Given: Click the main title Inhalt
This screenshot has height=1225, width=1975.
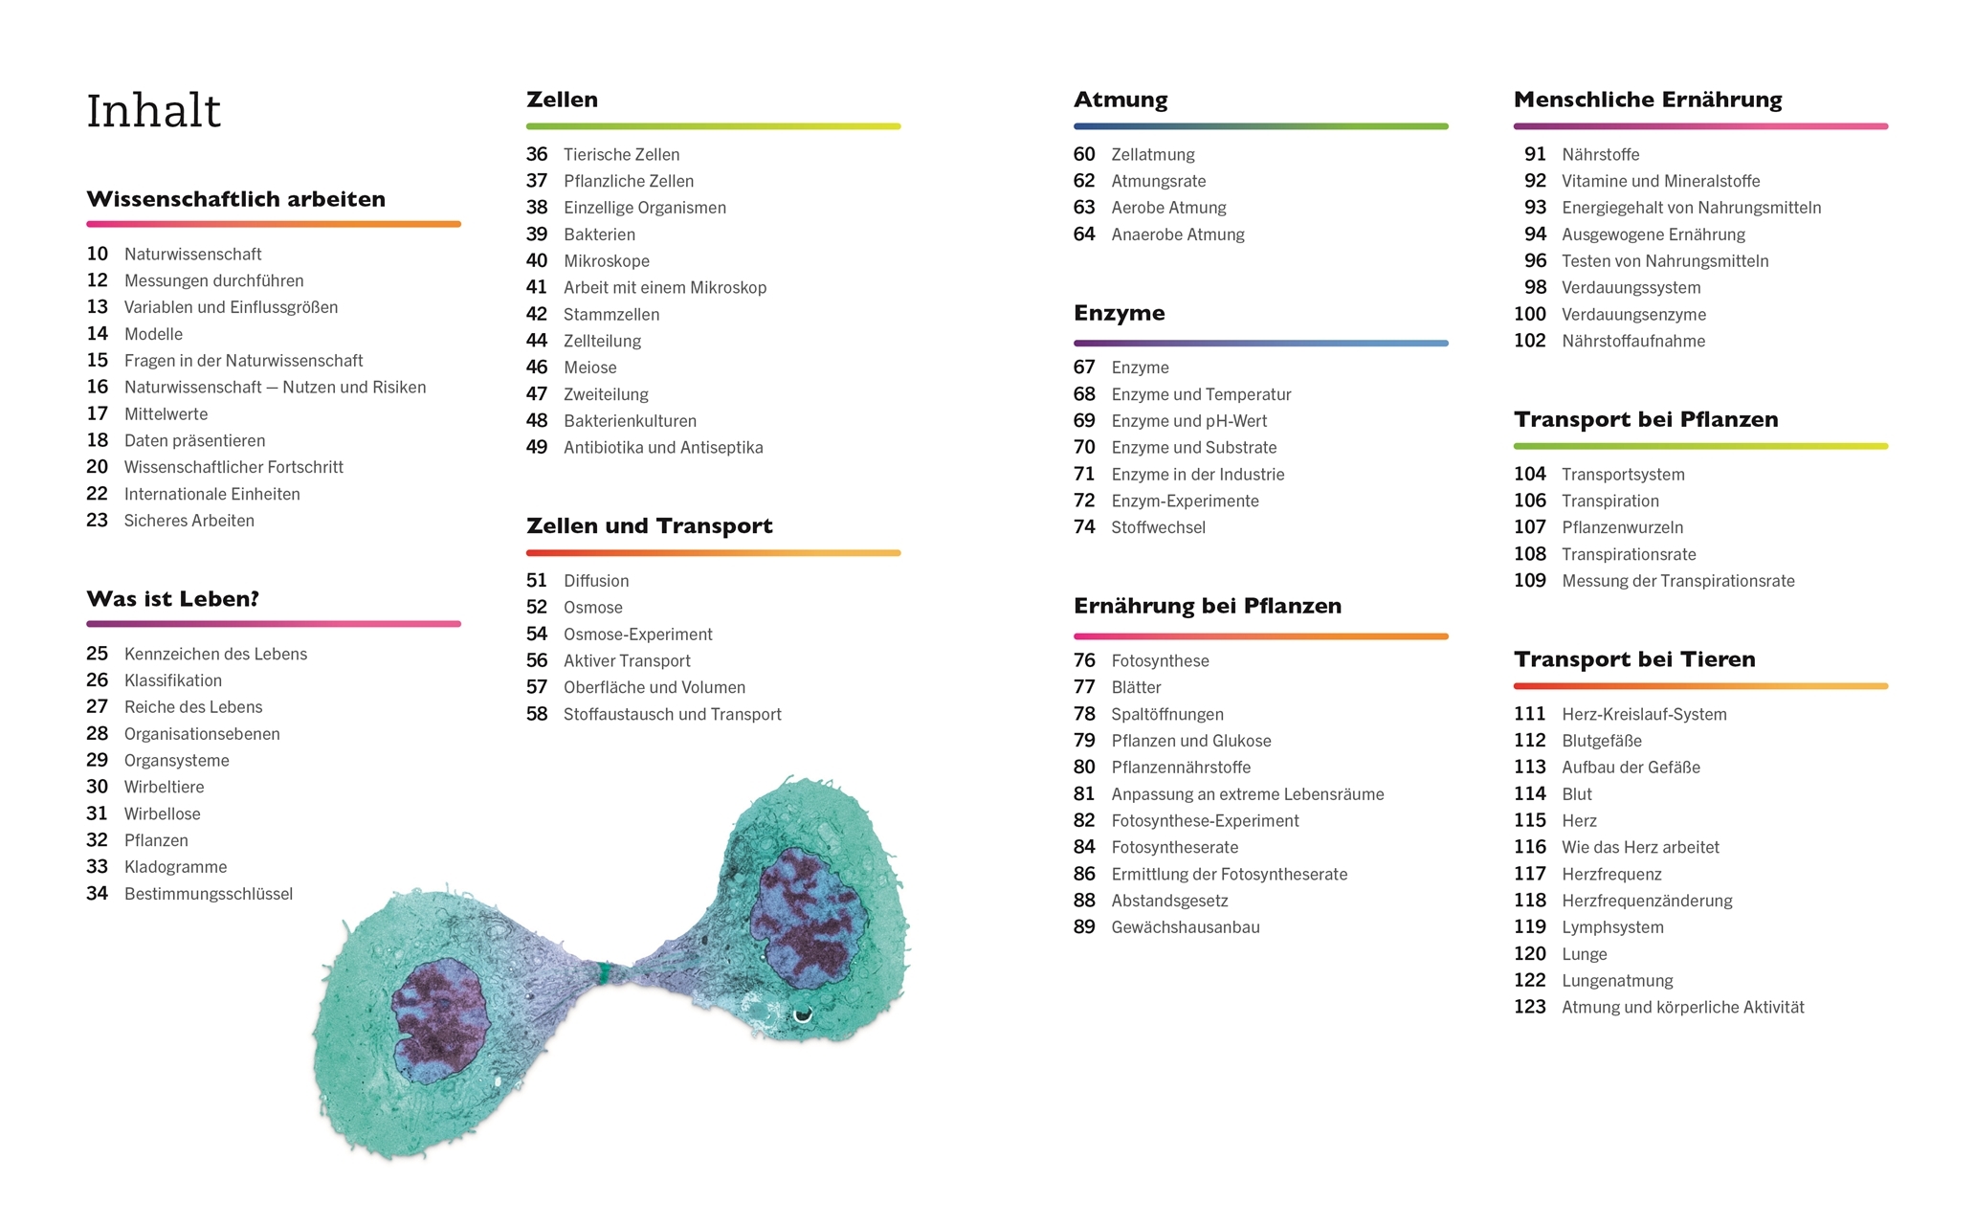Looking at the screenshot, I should click(x=153, y=111).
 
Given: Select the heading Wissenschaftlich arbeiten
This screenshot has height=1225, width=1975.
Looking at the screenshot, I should click(x=235, y=199).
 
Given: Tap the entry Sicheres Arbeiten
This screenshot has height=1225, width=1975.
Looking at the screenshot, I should click(x=189, y=521).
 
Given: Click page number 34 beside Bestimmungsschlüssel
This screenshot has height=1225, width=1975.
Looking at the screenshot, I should click(x=97, y=894).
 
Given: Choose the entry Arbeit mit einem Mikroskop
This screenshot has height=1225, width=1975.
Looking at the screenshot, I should click(x=664, y=287).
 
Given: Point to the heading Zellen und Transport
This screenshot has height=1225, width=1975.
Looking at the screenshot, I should click(x=649, y=525).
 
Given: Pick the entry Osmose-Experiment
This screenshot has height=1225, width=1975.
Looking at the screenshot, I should click(x=637, y=635).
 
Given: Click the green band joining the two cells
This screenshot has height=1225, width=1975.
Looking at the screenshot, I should click(x=604, y=973).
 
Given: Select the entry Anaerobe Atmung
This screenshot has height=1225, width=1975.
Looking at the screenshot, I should click(x=1177, y=234).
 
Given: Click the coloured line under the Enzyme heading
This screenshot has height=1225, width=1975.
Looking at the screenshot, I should click(x=1260, y=343).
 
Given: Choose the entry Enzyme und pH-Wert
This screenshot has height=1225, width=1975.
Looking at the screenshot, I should click(x=1188, y=421).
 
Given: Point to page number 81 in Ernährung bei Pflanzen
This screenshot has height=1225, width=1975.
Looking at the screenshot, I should click(x=1083, y=794).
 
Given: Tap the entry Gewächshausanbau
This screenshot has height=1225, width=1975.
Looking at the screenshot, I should click(x=1185, y=927).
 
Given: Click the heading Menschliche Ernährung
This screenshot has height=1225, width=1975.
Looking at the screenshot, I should click(x=1647, y=100).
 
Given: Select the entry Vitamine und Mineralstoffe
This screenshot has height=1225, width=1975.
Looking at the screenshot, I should click(x=1660, y=181).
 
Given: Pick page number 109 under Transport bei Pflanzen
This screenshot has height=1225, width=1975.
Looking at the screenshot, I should click(x=1529, y=581).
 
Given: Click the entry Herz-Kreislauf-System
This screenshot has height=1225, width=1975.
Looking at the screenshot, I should click(x=1643, y=714).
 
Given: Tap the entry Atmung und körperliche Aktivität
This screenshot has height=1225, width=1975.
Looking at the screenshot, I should click(x=1682, y=1007).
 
